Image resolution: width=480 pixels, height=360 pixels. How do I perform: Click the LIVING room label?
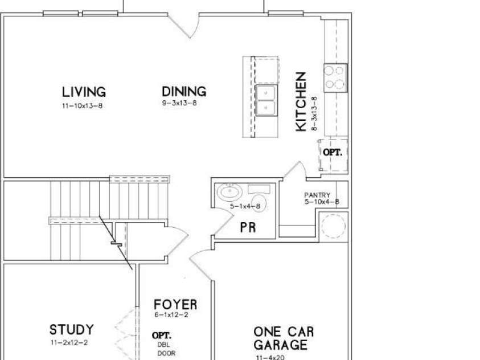point(84,92)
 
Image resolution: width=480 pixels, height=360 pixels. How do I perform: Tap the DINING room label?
point(184,92)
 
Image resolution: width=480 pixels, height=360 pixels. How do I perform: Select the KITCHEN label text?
point(301,101)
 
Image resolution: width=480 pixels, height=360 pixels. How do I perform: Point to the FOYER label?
point(175,305)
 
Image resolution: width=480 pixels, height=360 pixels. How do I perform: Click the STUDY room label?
point(72,330)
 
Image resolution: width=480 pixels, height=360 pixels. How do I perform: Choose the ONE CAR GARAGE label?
point(284,338)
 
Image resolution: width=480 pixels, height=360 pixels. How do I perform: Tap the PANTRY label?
point(317,195)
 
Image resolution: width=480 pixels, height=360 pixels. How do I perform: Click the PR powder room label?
point(248,227)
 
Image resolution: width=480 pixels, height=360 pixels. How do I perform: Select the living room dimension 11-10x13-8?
point(82,106)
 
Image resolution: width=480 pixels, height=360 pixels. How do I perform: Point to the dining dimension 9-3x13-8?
point(179,103)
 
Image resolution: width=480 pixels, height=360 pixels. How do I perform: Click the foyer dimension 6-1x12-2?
point(171,314)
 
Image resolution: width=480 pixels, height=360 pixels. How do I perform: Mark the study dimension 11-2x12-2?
point(69,342)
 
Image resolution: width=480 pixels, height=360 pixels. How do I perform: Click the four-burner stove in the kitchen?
point(335,78)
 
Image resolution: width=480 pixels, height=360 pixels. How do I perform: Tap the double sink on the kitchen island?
point(266,100)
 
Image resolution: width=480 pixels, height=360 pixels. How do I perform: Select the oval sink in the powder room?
point(230,192)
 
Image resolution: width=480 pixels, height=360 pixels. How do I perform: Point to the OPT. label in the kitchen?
point(333,152)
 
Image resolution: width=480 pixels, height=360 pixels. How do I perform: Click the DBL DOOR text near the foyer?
point(166,349)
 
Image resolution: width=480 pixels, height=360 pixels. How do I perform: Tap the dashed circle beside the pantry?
point(333,226)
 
